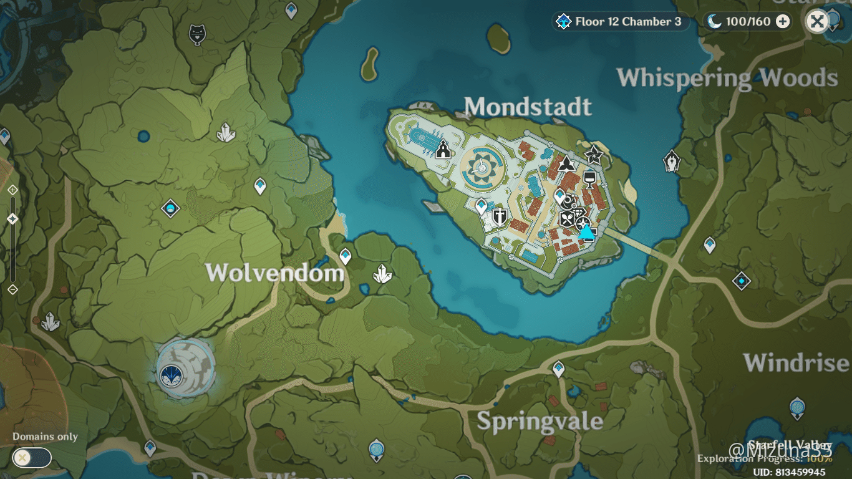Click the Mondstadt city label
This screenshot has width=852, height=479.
[x=528, y=107]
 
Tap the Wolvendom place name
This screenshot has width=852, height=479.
[x=274, y=273]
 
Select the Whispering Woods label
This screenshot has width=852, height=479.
[x=727, y=78]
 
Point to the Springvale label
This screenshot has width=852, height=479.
[x=540, y=421]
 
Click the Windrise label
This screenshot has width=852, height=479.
[x=796, y=362]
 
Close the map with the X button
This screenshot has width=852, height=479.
[x=817, y=22]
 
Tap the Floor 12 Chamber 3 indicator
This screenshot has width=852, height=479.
[x=621, y=22]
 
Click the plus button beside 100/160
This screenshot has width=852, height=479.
[x=782, y=22]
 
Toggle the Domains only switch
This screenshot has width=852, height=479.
[x=32, y=458]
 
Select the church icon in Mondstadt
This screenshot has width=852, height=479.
[x=443, y=150]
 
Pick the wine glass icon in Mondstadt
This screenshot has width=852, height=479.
[x=588, y=180]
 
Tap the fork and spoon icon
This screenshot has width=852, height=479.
[x=566, y=219]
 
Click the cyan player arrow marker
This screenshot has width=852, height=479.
[x=586, y=232]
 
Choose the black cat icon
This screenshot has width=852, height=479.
[x=197, y=34]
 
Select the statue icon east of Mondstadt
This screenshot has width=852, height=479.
[x=671, y=162]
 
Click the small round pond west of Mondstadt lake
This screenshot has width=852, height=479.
[x=144, y=135]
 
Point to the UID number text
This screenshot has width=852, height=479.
[x=790, y=472]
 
